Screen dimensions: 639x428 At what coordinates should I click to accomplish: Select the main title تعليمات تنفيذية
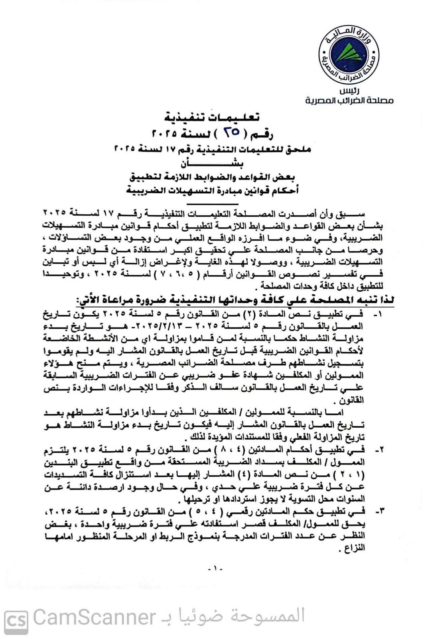click(213, 117)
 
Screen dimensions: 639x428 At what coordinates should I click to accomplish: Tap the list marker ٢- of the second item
click(379, 450)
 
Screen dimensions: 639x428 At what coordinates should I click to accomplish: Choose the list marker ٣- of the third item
click(379, 511)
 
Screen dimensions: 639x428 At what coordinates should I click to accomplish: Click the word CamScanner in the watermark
click(94, 617)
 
